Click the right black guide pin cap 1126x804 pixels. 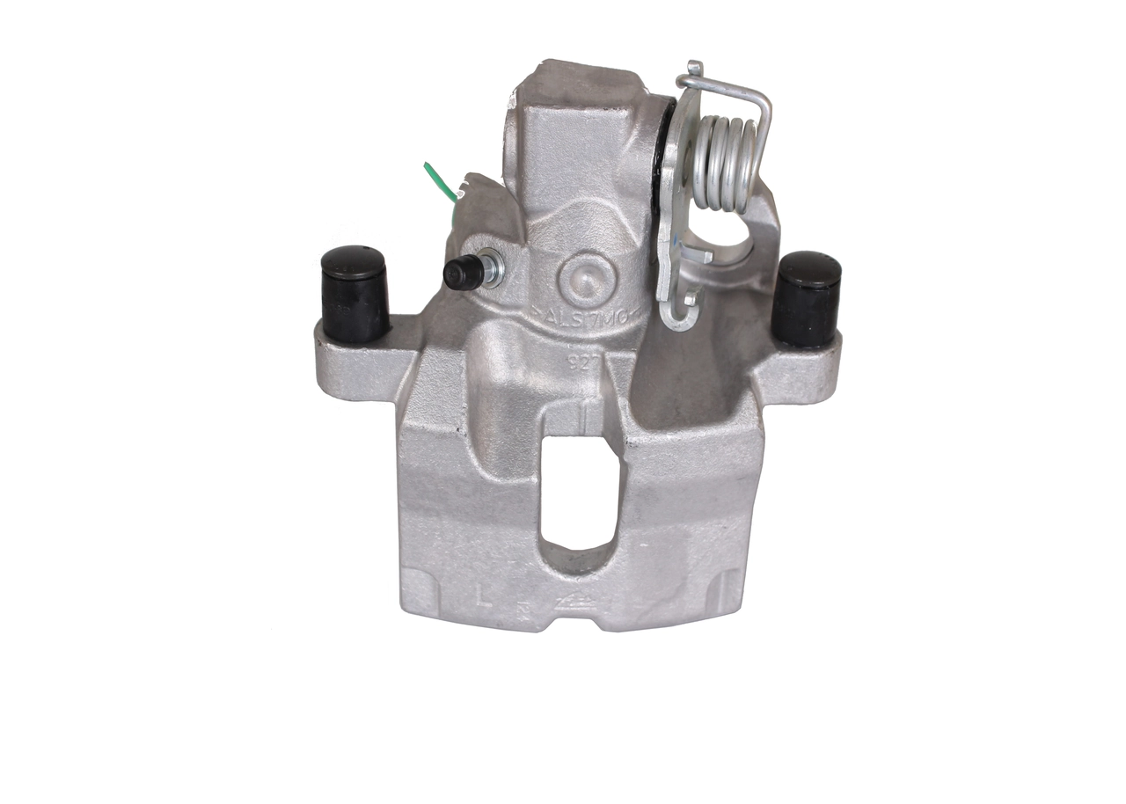pos(806,298)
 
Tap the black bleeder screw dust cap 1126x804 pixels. pos(461,274)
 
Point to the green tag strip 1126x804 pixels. pos(440,180)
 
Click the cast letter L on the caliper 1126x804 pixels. pos(482,597)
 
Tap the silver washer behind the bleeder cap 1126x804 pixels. pos(493,267)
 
